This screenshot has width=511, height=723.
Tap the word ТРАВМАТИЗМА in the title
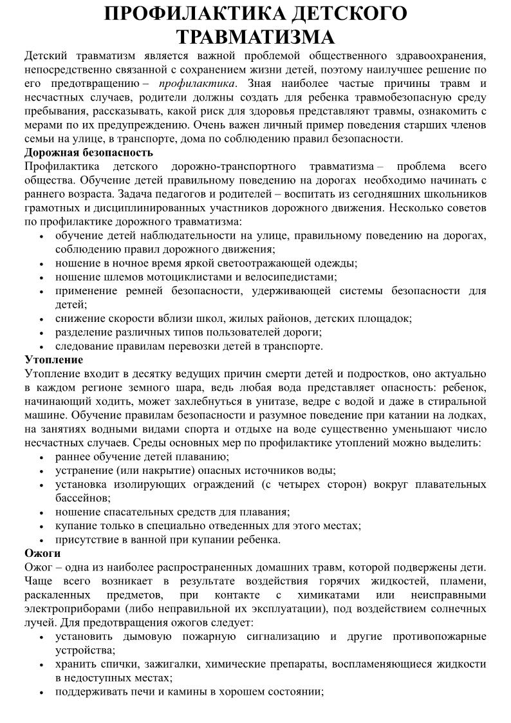(256, 36)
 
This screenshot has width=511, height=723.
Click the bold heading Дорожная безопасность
(89, 152)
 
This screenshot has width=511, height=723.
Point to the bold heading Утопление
(54, 359)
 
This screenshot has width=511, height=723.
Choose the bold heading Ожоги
(42, 553)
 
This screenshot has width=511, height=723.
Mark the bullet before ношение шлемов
(42, 277)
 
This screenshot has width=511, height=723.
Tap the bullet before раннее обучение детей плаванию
(42, 458)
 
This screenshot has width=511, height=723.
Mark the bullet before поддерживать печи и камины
(42, 693)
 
